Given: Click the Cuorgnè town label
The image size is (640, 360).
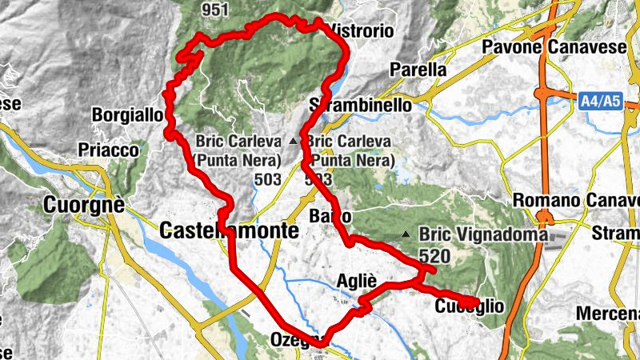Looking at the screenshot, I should point(86,204).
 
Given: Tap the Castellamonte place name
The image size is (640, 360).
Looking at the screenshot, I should point(229,231).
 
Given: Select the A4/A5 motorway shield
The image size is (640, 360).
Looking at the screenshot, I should point(601,101).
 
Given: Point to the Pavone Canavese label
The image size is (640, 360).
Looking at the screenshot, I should point(554,48).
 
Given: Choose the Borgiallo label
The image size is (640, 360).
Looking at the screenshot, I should point(128,114).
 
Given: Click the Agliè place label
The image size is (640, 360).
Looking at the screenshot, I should point(358,280).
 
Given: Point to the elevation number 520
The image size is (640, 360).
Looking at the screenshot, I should point(434,257).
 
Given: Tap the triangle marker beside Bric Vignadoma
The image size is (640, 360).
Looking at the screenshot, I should point(406,235).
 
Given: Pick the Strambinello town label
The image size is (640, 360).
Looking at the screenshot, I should point(361,106).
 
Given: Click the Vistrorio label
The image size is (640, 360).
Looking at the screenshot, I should point(362,31).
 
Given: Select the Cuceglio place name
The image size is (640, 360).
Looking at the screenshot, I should point(470,306).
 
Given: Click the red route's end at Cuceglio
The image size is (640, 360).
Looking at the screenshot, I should point(478,302).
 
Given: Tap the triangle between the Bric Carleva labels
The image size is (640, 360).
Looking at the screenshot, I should point(294,142).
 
